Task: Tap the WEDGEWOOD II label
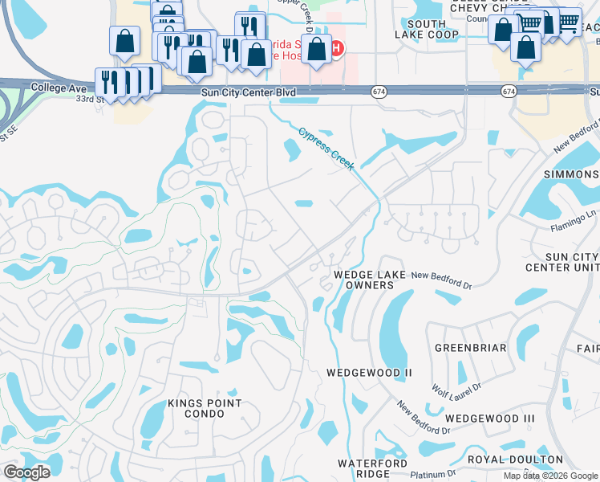pyautogui.click(x=369, y=374)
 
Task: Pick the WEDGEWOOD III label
pyautogui.click(x=489, y=419)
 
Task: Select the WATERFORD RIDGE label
pyautogui.click(x=368, y=469)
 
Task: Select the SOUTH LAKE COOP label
pyautogui.click(x=426, y=29)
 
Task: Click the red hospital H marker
pyautogui.click(x=338, y=48)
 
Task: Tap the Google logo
pyautogui.click(x=26, y=472)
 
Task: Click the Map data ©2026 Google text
pyautogui.click(x=549, y=476)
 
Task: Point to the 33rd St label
pyautogui.click(x=91, y=99)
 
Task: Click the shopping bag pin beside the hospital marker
pyautogui.click(x=317, y=51)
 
